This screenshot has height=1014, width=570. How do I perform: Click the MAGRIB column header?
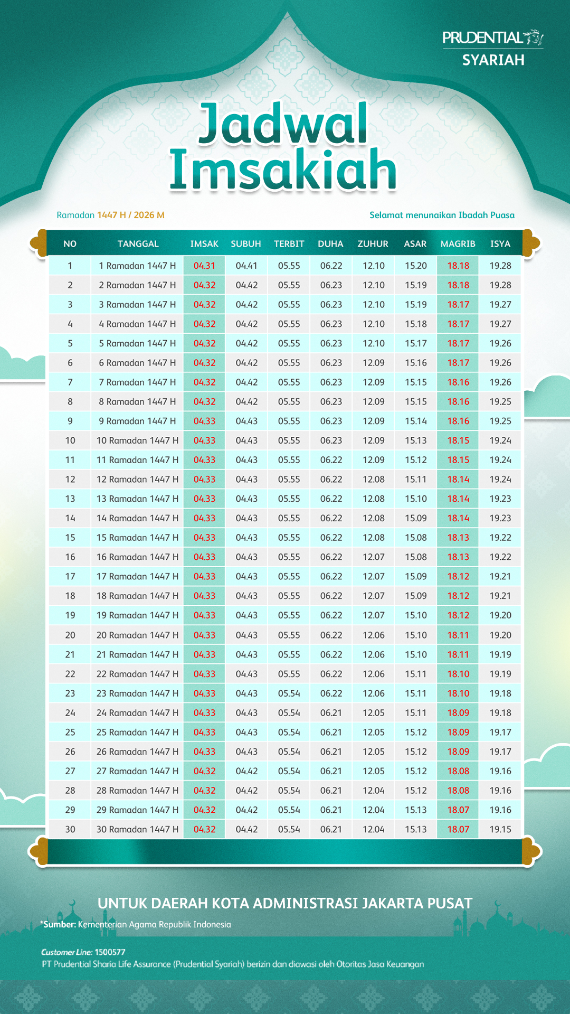pos(458,244)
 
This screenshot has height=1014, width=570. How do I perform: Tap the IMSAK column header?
pos(204,244)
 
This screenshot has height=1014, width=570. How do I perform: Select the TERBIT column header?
pos(289,244)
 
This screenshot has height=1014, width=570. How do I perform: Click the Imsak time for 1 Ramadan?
pos(204,266)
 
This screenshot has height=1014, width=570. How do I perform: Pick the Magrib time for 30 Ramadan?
pos(458,829)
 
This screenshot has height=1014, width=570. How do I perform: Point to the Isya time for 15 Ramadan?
pos(500,538)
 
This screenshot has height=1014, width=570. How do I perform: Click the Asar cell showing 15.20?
pos(415,266)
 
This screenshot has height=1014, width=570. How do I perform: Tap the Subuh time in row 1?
pos(246,266)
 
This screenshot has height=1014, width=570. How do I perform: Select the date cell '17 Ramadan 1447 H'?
pos(137,576)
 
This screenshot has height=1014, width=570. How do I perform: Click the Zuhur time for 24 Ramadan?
pos(373,713)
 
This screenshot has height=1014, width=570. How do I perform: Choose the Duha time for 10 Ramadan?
pos(331,440)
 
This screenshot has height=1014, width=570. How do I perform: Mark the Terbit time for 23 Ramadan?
pos(289,693)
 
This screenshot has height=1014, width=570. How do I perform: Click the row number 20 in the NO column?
pos(70,635)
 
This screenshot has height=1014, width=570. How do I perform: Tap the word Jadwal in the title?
pos(283,124)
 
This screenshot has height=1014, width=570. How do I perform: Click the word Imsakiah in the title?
pos(283,170)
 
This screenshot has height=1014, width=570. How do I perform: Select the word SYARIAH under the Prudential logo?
pos(493,60)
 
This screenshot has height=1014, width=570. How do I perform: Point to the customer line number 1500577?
pos(110,952)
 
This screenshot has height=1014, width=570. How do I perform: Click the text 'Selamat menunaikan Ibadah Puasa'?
pos(442,215)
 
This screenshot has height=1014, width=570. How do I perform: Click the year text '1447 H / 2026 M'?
pos(131,215)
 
